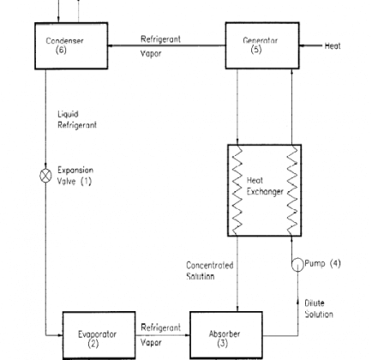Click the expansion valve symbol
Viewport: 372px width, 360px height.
coord(45,176)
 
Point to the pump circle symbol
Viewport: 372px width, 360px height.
coord(297,265)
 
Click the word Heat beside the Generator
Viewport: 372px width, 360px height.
coord(333,45)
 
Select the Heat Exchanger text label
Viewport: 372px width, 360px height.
coord(265,186)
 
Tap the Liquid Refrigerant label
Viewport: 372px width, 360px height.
coord(77,120)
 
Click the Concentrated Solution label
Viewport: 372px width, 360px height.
coord(210,270)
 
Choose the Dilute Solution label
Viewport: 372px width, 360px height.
coord(319,309)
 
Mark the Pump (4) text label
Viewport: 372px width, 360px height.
coord(322,263)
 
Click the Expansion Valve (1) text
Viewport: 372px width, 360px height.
coord(75,176)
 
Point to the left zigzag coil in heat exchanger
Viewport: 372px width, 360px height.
coord(237,190)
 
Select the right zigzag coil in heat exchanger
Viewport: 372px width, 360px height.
coord(292,190)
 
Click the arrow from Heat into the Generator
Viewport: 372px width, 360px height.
coord(311,45)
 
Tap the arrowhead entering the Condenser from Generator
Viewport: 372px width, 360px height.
coord(111,45)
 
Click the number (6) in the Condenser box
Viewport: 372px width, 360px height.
coord(61,50)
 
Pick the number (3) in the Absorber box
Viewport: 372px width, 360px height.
coord(222,343)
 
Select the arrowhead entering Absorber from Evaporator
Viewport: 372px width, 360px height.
coord(187,335)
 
